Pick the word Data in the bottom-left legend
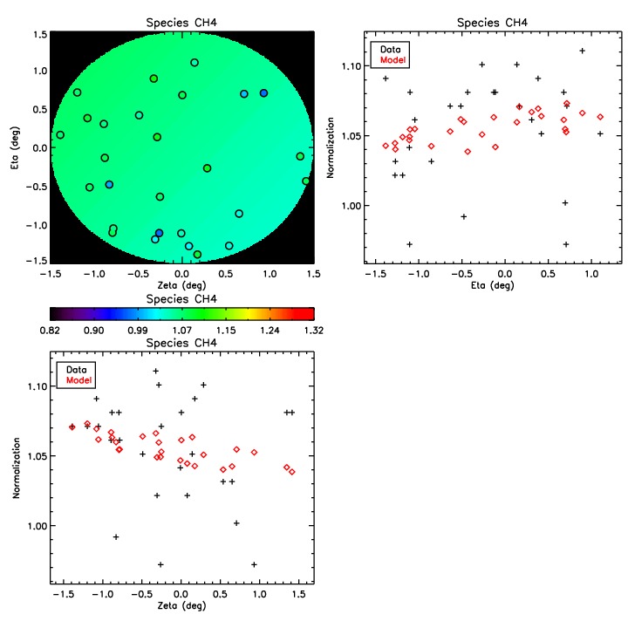pos(76,369)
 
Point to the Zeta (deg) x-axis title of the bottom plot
pos(181,607)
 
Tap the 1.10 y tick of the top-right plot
pos(348,66)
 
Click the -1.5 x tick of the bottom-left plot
pos(62,595)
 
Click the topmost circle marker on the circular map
pos(195,63)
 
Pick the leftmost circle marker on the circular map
pos(60,135)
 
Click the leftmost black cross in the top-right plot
pos(386,78)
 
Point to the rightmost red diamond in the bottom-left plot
pos(292,472)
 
